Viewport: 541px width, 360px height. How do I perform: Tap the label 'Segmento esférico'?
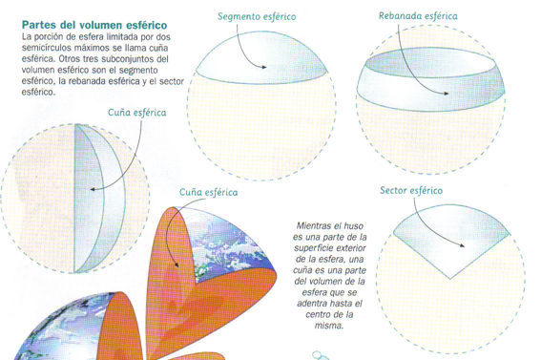[257, 16]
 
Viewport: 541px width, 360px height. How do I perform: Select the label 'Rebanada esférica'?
[418, 15]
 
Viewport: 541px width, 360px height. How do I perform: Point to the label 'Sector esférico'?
[411, 190]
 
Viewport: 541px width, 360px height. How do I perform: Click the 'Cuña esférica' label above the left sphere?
[136, 112]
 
